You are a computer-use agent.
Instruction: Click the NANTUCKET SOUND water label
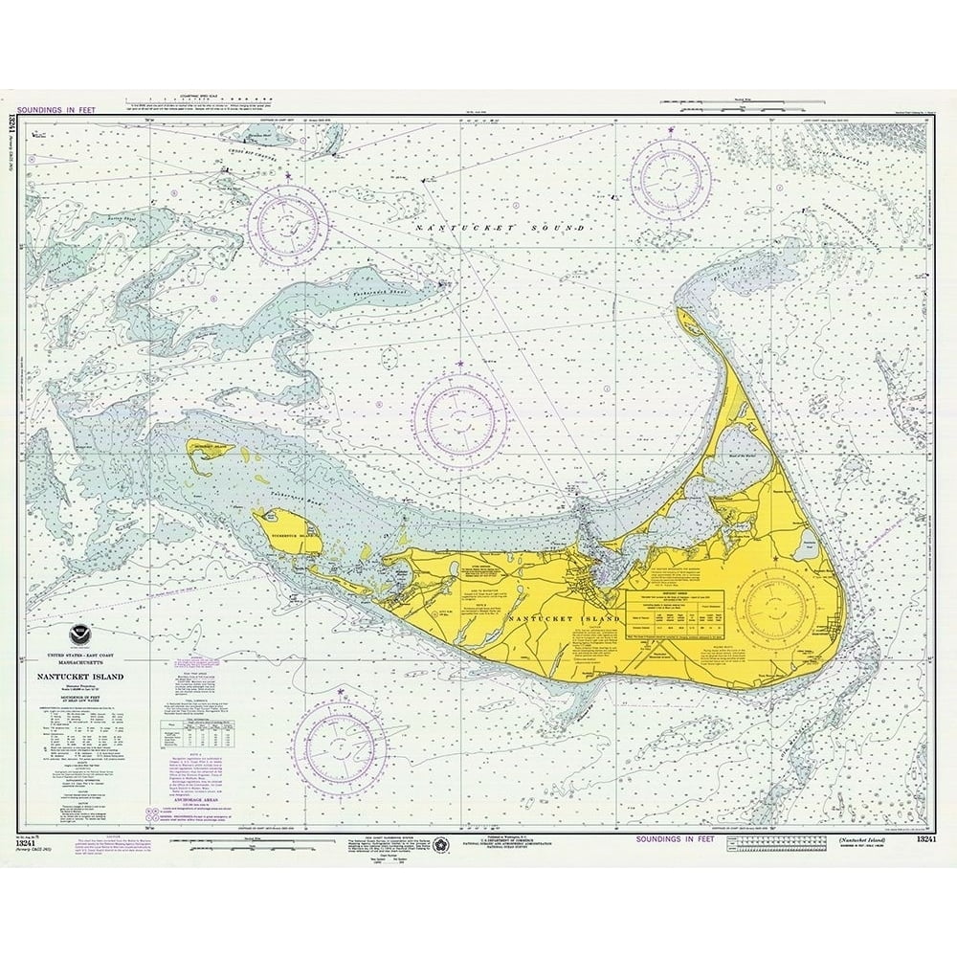(500, 228)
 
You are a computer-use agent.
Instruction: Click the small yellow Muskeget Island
(210, 451)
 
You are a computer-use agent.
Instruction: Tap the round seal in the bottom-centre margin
(441, 844)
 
